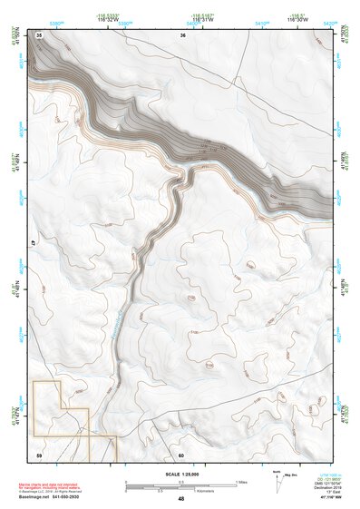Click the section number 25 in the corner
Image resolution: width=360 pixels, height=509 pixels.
pyautogui.click(x=39, y=34)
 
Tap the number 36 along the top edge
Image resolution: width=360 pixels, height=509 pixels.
pyautogui.click(x=182, y=34)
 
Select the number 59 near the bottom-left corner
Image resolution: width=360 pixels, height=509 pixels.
pyautogui.click(x=39, y=454)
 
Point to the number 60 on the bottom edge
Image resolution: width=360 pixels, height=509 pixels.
pyautogui.click(x=181, y=455)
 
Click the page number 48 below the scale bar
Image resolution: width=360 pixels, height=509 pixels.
pyautogui.click(x=181, y=499)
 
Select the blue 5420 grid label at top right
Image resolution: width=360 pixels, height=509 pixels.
pyautogui.click(x=329, y=23)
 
